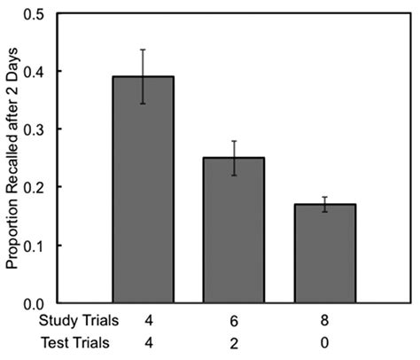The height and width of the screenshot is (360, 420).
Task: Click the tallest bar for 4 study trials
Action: (x=142, y=191)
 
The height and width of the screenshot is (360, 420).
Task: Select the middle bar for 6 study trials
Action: (x=233, y=231)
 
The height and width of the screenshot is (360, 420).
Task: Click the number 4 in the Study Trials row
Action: (x=143, y=317)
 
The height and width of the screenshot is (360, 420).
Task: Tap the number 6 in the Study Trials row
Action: (x=233, y=317)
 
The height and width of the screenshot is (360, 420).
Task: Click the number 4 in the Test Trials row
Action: (x=143, y=341)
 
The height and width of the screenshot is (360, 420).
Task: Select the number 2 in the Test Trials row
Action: (x=233, y=341)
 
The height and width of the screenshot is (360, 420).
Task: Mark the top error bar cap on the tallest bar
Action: (x=143, y=50)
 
